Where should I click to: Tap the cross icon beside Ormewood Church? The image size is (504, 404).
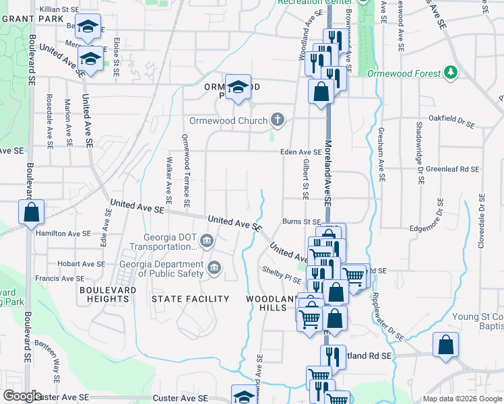(277, 121)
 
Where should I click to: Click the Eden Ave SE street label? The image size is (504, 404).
(301, 152)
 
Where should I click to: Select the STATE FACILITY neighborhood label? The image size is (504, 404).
(191, 298)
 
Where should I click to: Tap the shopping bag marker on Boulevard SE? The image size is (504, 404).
(32, 213)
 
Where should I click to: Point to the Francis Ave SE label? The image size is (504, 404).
(60, 277)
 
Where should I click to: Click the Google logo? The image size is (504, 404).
(23, 395)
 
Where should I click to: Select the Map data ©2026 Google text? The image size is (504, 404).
(462, 399)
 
